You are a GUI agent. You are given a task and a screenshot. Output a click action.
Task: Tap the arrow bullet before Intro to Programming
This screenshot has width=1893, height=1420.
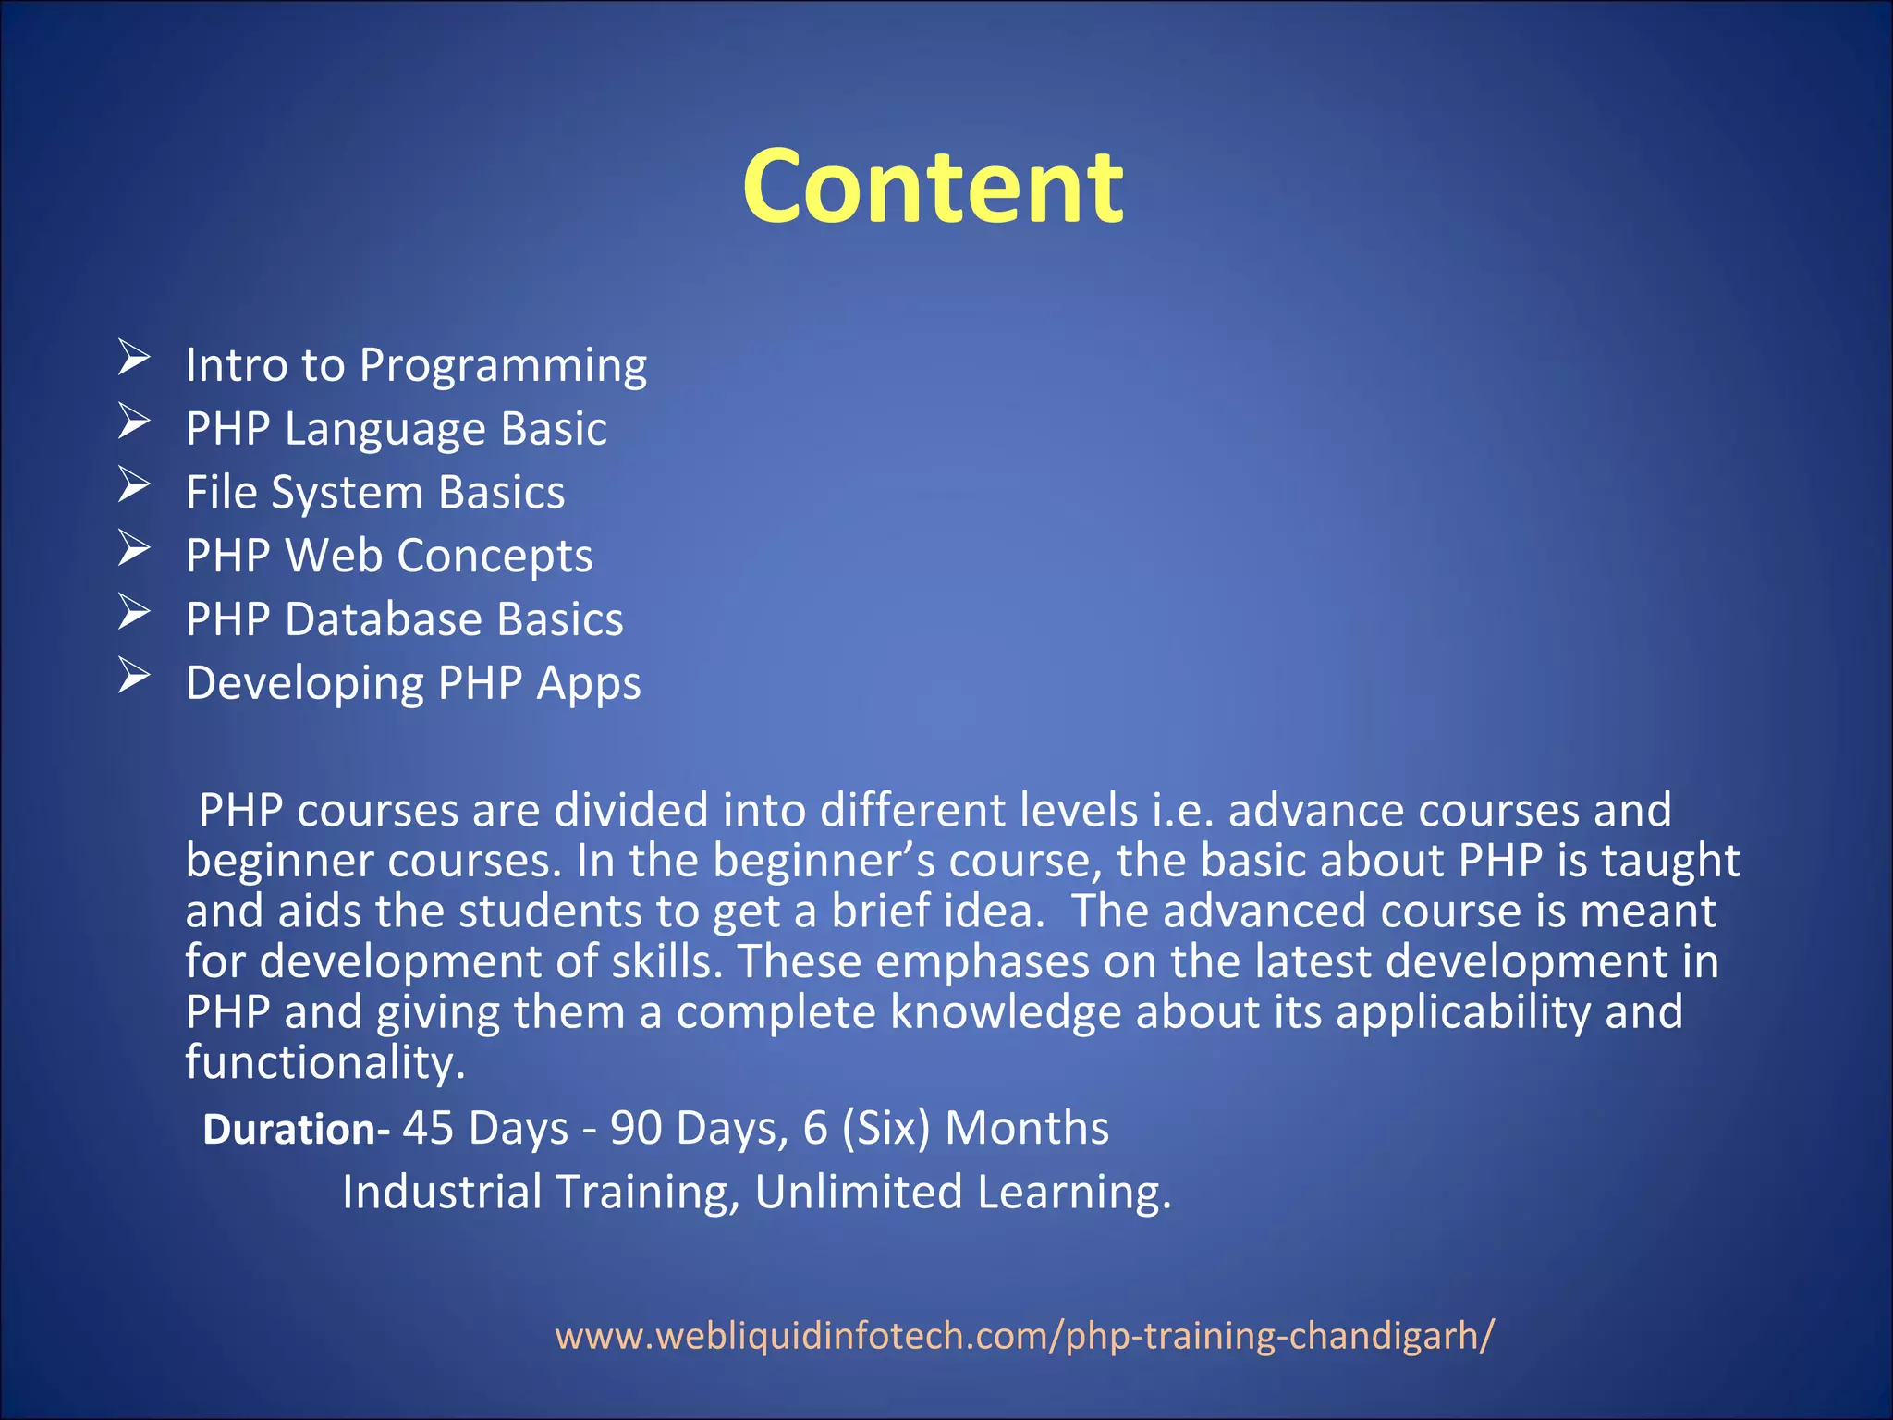tap(134, 359)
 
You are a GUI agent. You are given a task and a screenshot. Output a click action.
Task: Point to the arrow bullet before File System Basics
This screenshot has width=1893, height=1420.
tap(134, 485)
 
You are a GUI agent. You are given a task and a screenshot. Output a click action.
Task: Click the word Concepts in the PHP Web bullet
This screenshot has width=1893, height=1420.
tap(495, 557)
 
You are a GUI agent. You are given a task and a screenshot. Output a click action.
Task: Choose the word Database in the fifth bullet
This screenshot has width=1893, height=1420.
tap(383, 619)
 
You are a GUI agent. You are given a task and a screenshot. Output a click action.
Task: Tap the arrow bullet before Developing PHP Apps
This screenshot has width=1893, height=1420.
tap(134, 677)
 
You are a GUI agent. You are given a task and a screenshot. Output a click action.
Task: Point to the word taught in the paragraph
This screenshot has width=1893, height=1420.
tap(1670, 862)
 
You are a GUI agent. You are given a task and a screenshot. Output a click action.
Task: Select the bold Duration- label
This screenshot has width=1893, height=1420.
tap(296, 1130)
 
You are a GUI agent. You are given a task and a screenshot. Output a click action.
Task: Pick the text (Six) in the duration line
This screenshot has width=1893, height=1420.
tap(885, 1129)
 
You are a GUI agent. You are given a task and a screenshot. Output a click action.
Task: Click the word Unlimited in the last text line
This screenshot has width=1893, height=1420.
tap(859, 1193)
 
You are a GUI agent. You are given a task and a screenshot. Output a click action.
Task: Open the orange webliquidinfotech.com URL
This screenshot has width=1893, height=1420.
tap(1023, 1336)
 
